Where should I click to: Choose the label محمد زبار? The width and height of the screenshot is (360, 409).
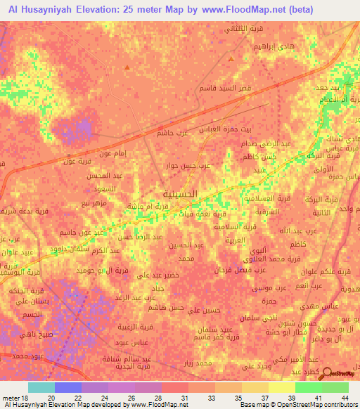pyautogui.click(x=195, y=363)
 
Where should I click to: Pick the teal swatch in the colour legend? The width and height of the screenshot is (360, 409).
pyautogui.click(x=41, y=387)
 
